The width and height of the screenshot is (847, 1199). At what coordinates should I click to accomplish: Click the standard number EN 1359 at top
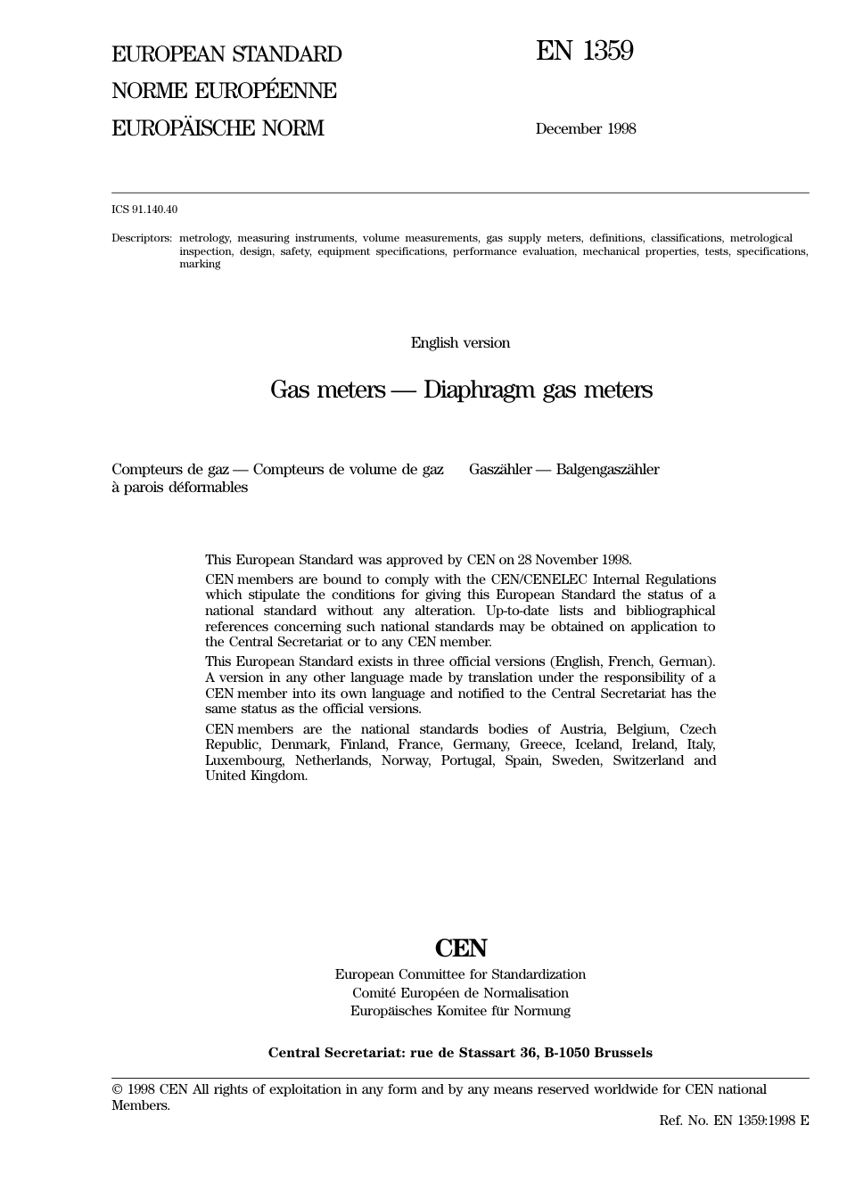[584, 52]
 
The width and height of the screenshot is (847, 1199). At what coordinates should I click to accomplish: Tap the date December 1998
[585, 128]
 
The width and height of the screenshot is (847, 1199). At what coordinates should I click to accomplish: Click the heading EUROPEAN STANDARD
[226, 54]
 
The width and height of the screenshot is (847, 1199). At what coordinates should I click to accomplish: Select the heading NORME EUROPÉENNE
[224, 91]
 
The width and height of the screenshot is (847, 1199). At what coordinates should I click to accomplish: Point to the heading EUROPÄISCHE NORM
[218, 128]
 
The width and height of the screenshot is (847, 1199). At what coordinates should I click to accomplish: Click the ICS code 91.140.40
[144, 209]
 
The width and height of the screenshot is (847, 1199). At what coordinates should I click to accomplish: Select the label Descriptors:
[142, 238]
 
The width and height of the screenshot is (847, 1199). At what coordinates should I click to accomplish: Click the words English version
[460, 342]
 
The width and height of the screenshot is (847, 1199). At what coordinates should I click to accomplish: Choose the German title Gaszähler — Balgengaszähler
[563, 470]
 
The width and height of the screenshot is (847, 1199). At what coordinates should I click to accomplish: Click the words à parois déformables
[179, 488]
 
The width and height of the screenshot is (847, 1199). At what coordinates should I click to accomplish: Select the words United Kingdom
[256, 776]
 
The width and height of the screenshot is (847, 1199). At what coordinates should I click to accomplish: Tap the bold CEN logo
[461, 948]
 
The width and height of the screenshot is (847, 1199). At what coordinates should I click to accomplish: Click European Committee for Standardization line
[460, 974]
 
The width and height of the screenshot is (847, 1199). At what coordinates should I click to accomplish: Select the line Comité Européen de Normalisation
[460, 993]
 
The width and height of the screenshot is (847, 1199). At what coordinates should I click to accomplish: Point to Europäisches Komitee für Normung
[460, 1011]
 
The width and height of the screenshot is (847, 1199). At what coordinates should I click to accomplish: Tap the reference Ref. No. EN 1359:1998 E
[734, 1121]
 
